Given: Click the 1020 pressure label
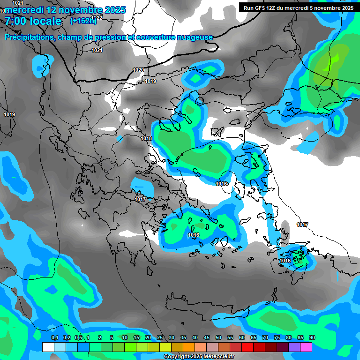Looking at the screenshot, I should click(x=138, y=70).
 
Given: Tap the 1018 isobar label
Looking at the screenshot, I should click(x=146, y=138).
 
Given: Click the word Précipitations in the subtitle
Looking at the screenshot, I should click(x=29, y=37).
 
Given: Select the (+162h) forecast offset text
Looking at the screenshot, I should click(x=83, y=21).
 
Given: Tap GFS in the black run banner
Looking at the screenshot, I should click(x=261, y=8).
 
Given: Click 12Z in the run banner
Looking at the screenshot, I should click(x=274, y=8).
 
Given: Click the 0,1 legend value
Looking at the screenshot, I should click(x=54, y=338).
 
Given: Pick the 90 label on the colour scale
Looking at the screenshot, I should click(x=312, y=338).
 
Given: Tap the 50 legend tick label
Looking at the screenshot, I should click(x=218, y=338).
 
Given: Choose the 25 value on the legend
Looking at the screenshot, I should click(x=160, y=338).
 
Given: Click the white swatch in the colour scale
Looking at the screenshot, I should click(x=48, y=347).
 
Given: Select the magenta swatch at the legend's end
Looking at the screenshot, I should click(x=306, y=347).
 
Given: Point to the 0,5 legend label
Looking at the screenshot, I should click(x=78, y=338).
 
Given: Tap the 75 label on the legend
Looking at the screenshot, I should click(x=277, y=338).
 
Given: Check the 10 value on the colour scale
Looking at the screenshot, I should click(x=125, y=338).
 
